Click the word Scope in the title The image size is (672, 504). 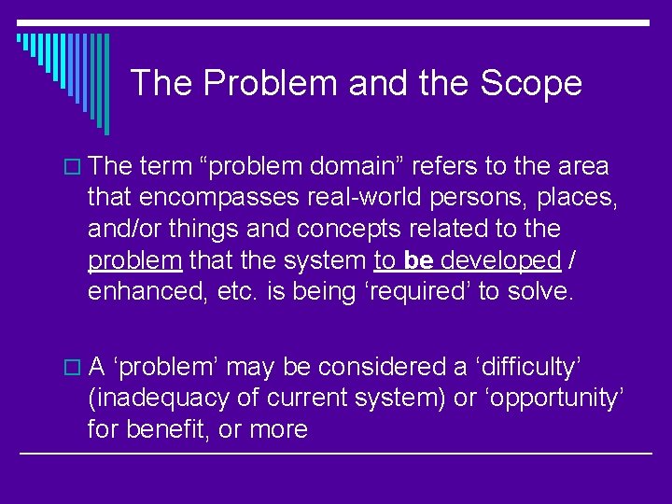click(x=531, y=83)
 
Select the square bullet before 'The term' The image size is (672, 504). click(x=75, y=167)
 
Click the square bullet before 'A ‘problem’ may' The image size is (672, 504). click(x=75, y=369)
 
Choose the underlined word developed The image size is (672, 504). click(x=501, y=259)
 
